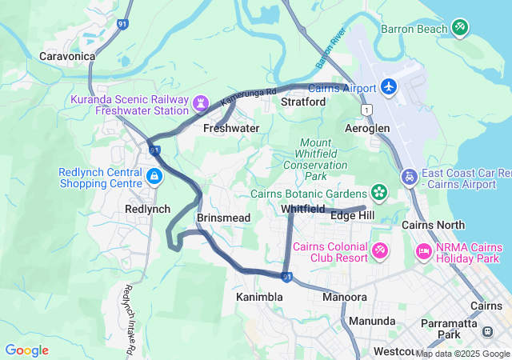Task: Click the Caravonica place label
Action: click(67, 57)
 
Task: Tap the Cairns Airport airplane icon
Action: click(389, 86)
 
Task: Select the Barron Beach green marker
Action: click(459, 28)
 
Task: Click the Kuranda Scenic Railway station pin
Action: click(199, 103)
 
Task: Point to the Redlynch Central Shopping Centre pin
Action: click(153, 174)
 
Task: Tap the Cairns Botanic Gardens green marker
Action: click(378, 192)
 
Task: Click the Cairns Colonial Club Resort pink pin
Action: click(380, 252)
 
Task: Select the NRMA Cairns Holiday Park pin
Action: click(423, 252)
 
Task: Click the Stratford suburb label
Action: click(303, 102)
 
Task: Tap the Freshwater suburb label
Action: click(231, 128)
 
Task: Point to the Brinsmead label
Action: click(223, 218)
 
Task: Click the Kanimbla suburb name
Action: click(259, 297)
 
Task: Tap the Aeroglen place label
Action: click(366, 128)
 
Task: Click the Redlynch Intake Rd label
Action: click(129, 320)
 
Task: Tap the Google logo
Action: click(26, 350)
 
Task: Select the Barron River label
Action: click(329, 50)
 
